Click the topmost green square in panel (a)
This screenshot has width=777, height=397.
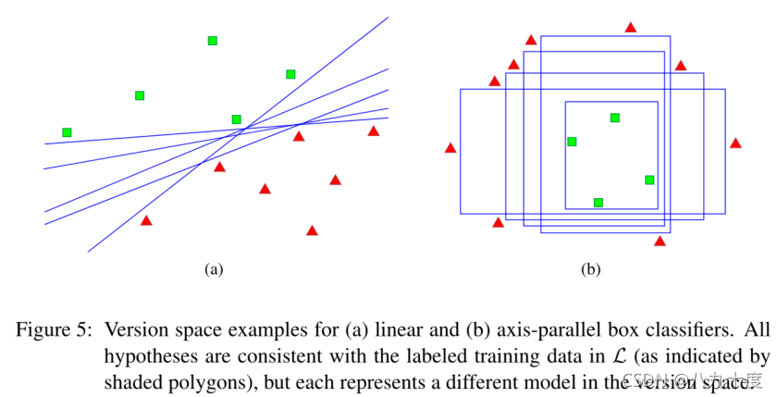213,41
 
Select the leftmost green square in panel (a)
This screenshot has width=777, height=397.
67,132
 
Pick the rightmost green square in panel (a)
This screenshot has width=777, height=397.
290,74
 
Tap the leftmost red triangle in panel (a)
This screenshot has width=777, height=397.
146,220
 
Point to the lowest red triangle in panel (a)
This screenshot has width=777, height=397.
312,230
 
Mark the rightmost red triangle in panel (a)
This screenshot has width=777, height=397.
374,131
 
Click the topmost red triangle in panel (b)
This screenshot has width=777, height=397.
631,28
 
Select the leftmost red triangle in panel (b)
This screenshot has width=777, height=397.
450,148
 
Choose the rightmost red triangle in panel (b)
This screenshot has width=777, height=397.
735,143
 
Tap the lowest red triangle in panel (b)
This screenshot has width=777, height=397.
660,242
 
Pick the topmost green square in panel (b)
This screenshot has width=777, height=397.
615,118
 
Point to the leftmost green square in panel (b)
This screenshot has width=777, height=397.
572,142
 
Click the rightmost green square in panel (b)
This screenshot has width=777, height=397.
649,180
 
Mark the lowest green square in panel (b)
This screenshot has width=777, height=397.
598,203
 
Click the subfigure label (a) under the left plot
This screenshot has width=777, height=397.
215,270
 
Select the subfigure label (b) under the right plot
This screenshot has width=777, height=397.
590,270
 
